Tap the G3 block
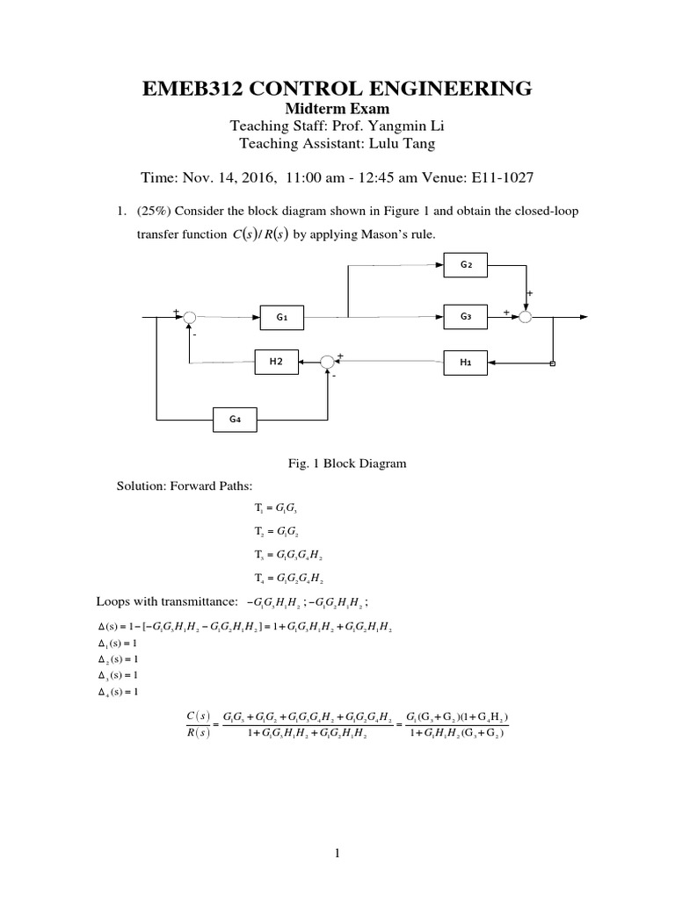(466, 317)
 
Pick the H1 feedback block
(466, 362)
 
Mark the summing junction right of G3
(526, 317)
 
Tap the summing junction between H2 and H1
(328, 362)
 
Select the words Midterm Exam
(337, 108)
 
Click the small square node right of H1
(552, 362)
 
